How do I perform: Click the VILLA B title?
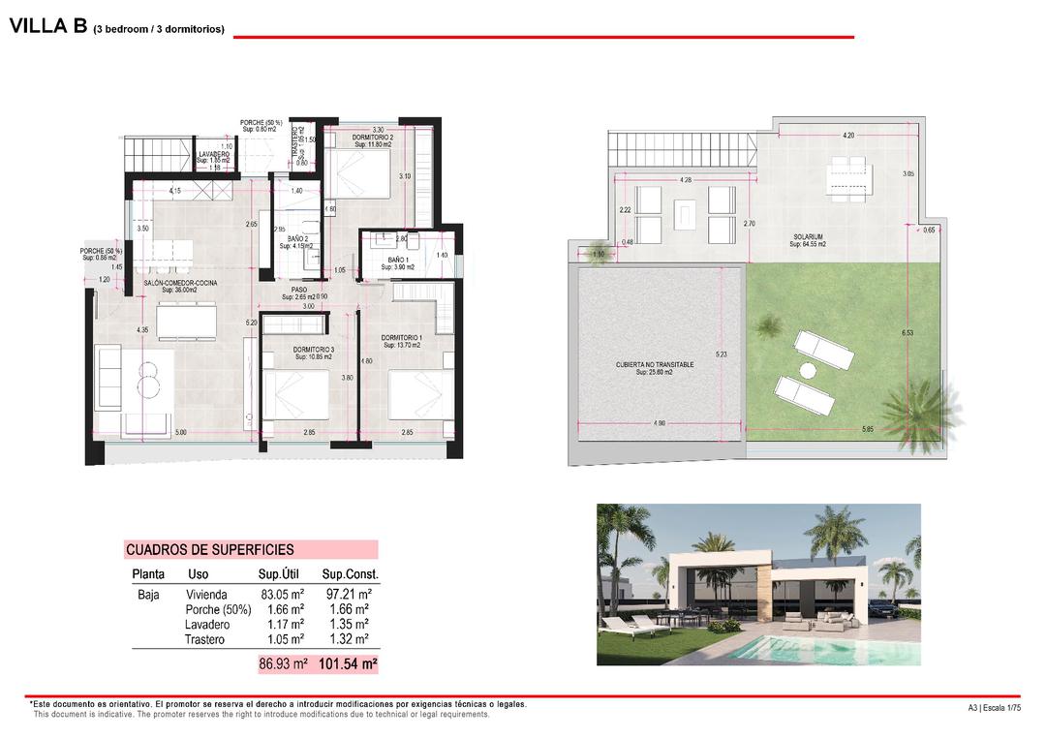click(48, 27)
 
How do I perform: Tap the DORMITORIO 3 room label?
click(313, 351)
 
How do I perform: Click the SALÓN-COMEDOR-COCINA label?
click(180, 283)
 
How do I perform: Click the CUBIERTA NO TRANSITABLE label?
click(655, 365)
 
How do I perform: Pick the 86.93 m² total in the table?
click(283, 664)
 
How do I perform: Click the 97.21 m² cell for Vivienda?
click(345, 595)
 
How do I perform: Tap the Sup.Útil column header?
click(282, 574)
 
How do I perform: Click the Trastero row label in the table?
click(204, 640)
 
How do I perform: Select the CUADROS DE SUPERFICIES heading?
click(209, 549)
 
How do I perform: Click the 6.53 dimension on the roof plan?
click(908, 333)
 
